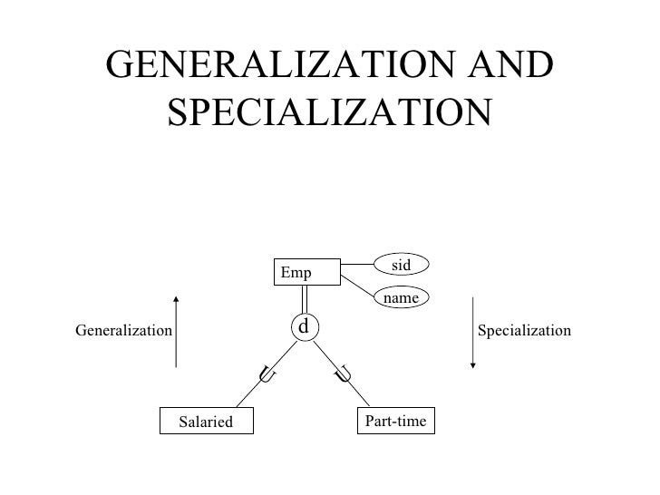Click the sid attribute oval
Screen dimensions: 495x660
tap(403, 264)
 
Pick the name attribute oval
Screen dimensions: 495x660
tap(403, 297)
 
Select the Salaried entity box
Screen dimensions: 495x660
tap(205, 422)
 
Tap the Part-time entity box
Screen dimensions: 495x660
tap(395, 421)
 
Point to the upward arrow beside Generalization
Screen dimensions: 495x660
tap(177, 331)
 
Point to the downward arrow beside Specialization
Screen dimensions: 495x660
tap(472, 331)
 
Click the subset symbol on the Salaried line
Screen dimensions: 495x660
tap(267, 372)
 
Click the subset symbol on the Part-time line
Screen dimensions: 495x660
tap(343, 373)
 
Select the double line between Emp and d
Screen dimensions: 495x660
tap(306, 299)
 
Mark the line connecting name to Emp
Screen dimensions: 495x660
tap(358, 288)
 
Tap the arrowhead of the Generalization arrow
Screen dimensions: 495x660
tap(177, 298)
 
